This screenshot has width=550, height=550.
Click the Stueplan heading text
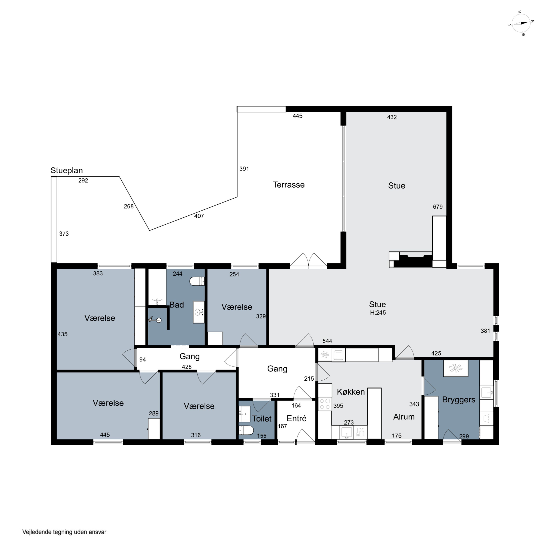point(67,170)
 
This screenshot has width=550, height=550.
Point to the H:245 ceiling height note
point(378,313)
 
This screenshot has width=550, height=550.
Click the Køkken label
point(351,392)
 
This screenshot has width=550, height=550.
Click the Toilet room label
point(262,419)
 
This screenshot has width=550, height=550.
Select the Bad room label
point(177,305)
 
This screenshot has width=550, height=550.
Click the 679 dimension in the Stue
point(438,207)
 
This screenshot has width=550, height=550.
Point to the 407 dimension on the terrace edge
point(199,216)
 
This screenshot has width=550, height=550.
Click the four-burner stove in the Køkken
point(325,404)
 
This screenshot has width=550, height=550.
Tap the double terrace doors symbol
point(308,260)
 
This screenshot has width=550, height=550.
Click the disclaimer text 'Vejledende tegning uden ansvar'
point(64,532)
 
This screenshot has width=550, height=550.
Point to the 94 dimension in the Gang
point(143,360)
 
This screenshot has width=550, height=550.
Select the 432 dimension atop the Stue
point(392,117)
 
